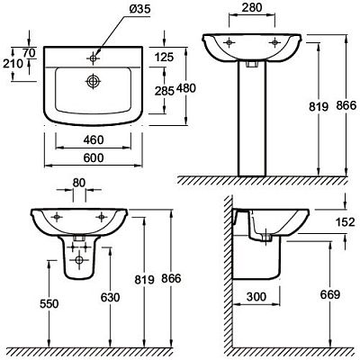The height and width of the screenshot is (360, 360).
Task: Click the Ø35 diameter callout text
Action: coord(139,10)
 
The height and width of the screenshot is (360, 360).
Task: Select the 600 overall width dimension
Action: coord(94,157)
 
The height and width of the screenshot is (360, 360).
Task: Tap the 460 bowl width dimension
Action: coord(94,139)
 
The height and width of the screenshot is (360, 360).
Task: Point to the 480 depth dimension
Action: coord(186,88)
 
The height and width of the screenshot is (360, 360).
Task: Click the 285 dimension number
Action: coord(165,91)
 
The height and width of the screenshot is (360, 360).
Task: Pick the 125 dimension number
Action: coord(164,57)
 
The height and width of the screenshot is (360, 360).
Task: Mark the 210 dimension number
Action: coord(13,64)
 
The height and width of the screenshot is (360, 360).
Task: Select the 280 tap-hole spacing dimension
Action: coord(252,7)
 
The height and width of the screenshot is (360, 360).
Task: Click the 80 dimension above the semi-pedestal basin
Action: coord(79,183)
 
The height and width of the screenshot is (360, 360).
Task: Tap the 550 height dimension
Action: coord(49,304)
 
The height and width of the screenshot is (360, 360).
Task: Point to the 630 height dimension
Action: coord(110,297)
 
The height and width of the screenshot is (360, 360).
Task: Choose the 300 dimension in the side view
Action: coord(256,297)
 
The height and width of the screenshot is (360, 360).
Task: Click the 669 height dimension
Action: coord(329,294)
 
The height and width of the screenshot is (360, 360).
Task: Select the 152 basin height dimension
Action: coord(345,222)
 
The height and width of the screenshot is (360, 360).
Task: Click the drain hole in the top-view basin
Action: coord(93,81)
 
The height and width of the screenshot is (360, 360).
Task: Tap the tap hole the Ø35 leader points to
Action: coord(93,58)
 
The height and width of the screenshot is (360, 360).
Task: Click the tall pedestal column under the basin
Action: coord(252,119)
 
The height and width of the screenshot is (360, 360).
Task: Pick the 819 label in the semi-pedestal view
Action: coord(144,280)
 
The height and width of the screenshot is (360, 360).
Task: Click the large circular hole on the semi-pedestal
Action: coord(79,260)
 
